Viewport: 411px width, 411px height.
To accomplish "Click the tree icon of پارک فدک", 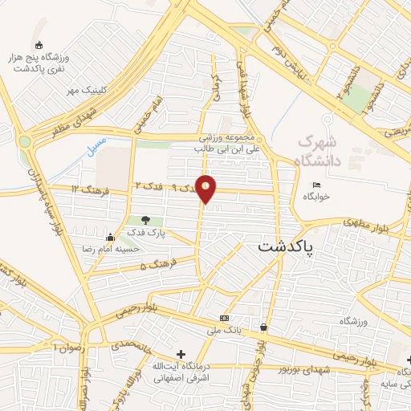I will tap(145, 220).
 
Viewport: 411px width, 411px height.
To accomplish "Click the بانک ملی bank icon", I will tap(223, 318).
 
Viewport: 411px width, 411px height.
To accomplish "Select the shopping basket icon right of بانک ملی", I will tap(264, 327).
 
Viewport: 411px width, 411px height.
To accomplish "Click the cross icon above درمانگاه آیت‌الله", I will tap(181, 354).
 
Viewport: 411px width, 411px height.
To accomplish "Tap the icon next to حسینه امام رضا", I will tap(110, 237).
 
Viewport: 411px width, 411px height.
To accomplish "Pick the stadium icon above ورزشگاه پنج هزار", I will tap(39, 46).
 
